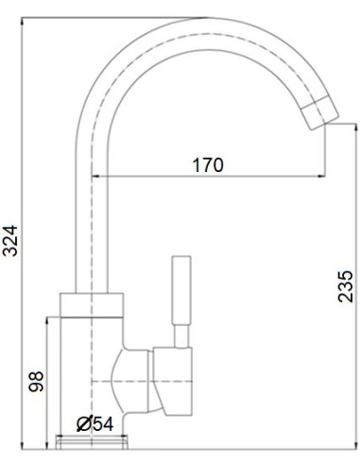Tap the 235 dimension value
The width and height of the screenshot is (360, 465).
346,284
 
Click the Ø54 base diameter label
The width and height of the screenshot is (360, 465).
94,422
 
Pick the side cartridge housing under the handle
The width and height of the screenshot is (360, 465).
175,378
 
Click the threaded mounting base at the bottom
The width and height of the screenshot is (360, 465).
92,441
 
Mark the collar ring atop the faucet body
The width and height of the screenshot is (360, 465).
92,303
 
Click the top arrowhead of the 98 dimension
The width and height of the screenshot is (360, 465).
44,320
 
